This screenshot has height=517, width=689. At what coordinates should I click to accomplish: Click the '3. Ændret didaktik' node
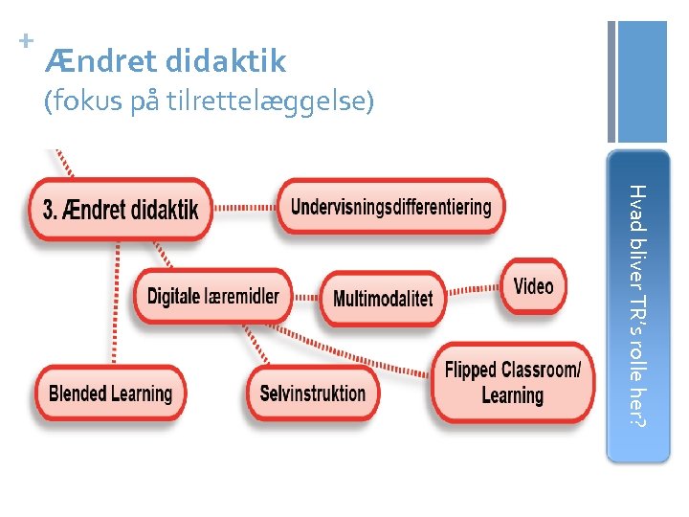point(122,209)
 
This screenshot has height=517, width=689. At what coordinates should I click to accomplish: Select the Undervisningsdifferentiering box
point(390,206)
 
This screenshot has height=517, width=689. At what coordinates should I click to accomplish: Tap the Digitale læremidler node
point(212,295)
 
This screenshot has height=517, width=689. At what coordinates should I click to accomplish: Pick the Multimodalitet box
point(383,298)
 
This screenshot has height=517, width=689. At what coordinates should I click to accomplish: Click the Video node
point(533,285)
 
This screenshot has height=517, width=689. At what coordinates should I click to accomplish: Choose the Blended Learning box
point(110,393)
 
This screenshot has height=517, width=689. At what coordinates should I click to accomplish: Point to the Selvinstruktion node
point(313,393)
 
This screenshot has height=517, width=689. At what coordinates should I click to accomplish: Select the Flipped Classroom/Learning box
point(512,382)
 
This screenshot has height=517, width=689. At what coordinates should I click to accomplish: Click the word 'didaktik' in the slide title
point(226,62)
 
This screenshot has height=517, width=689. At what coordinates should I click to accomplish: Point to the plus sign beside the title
point(26,41)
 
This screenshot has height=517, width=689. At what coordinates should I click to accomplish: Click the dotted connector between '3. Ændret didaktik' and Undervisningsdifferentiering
point(244,207)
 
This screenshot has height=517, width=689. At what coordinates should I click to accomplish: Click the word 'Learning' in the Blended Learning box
point(140,393)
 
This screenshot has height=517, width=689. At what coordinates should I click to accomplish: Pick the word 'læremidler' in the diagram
point(242,295)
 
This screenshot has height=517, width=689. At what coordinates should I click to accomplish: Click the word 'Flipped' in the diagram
point(472,370)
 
